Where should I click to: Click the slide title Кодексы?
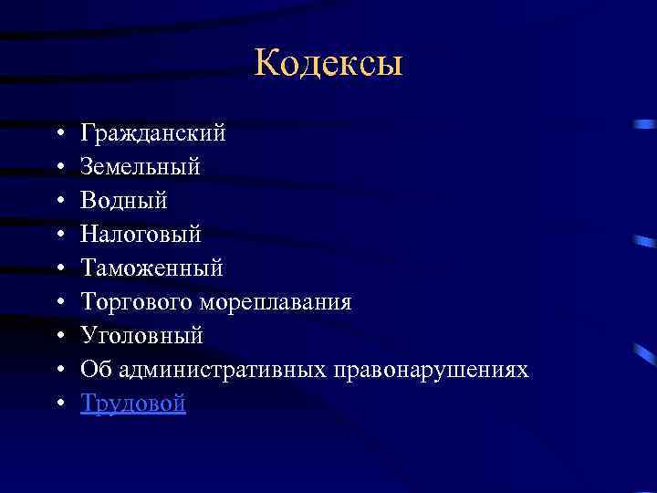coord(328,65)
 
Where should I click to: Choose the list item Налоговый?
coord(141,235)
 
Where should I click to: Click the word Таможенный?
coord(151,268)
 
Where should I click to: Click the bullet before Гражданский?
coord(57,135)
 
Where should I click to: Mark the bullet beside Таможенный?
coord(57,269)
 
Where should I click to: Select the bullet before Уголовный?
coord(57,336)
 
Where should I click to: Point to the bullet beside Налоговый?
coord(57,236)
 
